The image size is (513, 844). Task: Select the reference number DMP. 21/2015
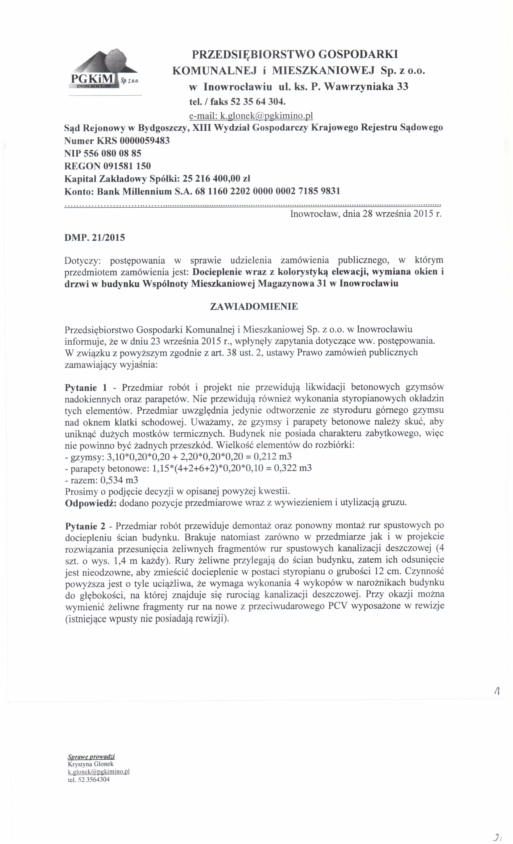point(95,237)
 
